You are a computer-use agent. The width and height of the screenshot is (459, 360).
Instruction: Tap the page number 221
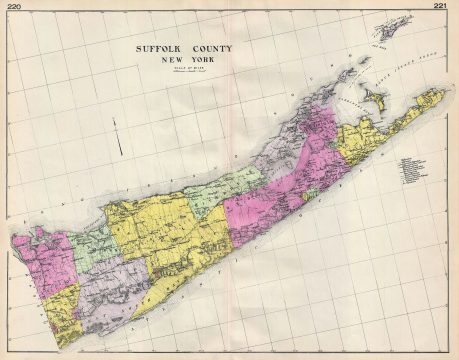click(x=440, y=7)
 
